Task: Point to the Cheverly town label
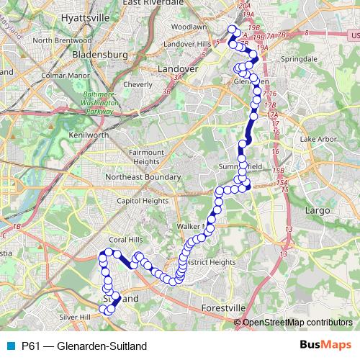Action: [138, 84]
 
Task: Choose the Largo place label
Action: [318, 210]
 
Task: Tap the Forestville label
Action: [222, 307]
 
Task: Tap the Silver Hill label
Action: [76, 316]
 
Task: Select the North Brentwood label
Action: [62, 41]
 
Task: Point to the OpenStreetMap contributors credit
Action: [297, 322]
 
